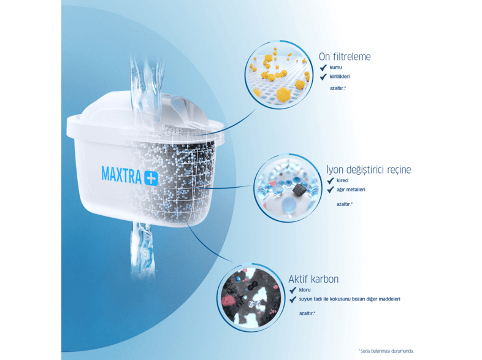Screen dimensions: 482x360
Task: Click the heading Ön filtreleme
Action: [x=345, y=56]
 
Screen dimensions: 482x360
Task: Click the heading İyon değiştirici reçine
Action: [x=369, y=169]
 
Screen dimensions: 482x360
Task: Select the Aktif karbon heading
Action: [x=313, y=279]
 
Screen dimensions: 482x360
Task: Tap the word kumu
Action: [x=335, y=67]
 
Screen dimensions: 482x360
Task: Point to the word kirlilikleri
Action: [x=340, y=77]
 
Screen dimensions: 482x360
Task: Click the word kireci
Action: [x=342, y=180]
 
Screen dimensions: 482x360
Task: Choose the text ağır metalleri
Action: [x=351, y=190]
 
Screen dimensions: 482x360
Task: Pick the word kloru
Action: [x=305, y=290]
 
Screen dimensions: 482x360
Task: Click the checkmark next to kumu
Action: [x=323, y=67]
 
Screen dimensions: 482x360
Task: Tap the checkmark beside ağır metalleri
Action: [x=331, y=190]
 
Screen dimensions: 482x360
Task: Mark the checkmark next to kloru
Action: [x=293, y=290]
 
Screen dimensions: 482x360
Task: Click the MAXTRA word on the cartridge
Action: [x=121, y=175]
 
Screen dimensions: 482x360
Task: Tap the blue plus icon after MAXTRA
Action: [x=151, y=178]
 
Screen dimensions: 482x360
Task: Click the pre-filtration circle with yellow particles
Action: [x=279, y=75]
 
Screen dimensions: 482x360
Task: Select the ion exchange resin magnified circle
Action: [x=288, y=188]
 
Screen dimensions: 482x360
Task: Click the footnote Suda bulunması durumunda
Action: [x=386, y=351]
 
